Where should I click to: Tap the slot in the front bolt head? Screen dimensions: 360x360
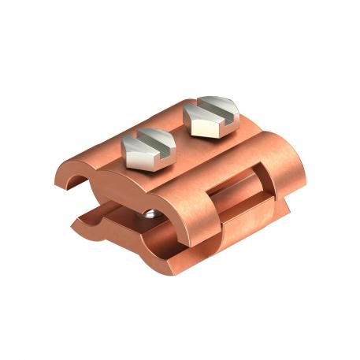[x=146, y=139]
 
